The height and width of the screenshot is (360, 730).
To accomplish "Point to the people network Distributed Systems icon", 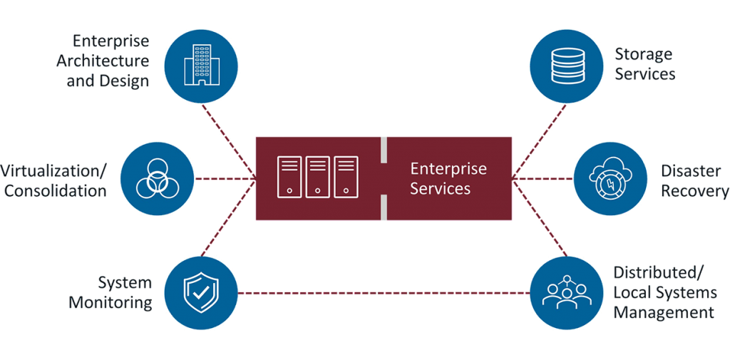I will coord(565,293).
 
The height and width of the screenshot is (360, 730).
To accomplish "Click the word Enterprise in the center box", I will coord(448,169).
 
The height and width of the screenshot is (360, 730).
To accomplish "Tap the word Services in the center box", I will coord(440,188).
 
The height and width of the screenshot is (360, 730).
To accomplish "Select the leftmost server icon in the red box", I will coord(289,176).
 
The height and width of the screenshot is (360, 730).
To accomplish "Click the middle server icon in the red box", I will coord(317,176).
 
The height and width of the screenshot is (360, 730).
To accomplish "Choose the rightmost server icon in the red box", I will coord(345,176).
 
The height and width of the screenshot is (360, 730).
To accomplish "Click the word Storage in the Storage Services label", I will coord(644,55).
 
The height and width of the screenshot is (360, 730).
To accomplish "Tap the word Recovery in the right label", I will coord(695,190).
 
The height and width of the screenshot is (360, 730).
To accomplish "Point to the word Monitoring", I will coord(111,302).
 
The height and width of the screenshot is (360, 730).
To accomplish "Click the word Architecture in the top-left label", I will coord(103,61).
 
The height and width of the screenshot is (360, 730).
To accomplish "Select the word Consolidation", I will coord(56,190).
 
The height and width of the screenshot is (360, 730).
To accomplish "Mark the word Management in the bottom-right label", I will coord(664,312).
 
